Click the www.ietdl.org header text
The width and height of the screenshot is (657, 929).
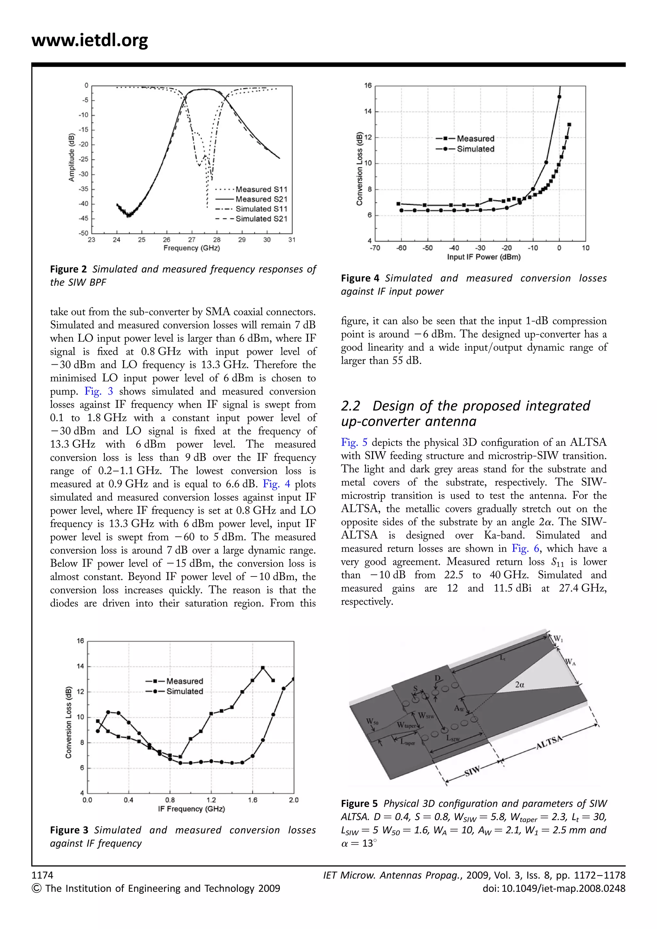(x=90, y=40)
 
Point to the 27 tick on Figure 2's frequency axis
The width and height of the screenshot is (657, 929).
(x=192, y=240)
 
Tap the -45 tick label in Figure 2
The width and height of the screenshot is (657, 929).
(x=83, y=218)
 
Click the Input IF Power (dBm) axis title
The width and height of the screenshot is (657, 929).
(x=483, y=257)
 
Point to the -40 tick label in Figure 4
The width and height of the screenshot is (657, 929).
(x=454, y=248)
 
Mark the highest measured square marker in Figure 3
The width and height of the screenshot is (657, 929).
(x=263, y=668)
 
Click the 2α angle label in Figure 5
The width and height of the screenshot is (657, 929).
(x=520, y=685)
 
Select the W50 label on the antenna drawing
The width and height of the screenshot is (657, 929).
(x=372, y=721)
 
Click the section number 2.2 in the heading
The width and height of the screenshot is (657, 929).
(x=350, y=406)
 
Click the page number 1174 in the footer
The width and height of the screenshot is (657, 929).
(x=42, y=875)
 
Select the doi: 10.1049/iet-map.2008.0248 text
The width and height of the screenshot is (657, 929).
(x=554, y=889)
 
